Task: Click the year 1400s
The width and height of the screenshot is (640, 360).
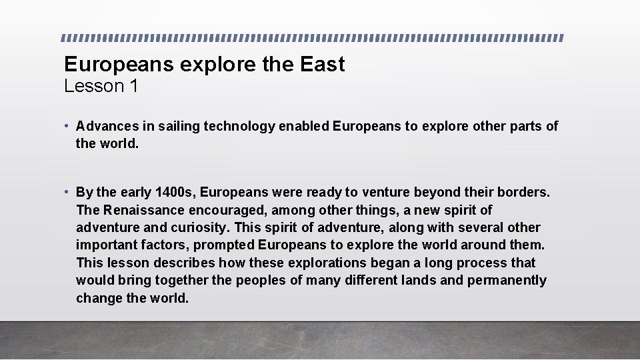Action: (x=175, y=193)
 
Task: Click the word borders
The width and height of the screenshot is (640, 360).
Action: (x=523, y=193)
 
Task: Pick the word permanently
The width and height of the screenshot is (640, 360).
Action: (x=507, y=280)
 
